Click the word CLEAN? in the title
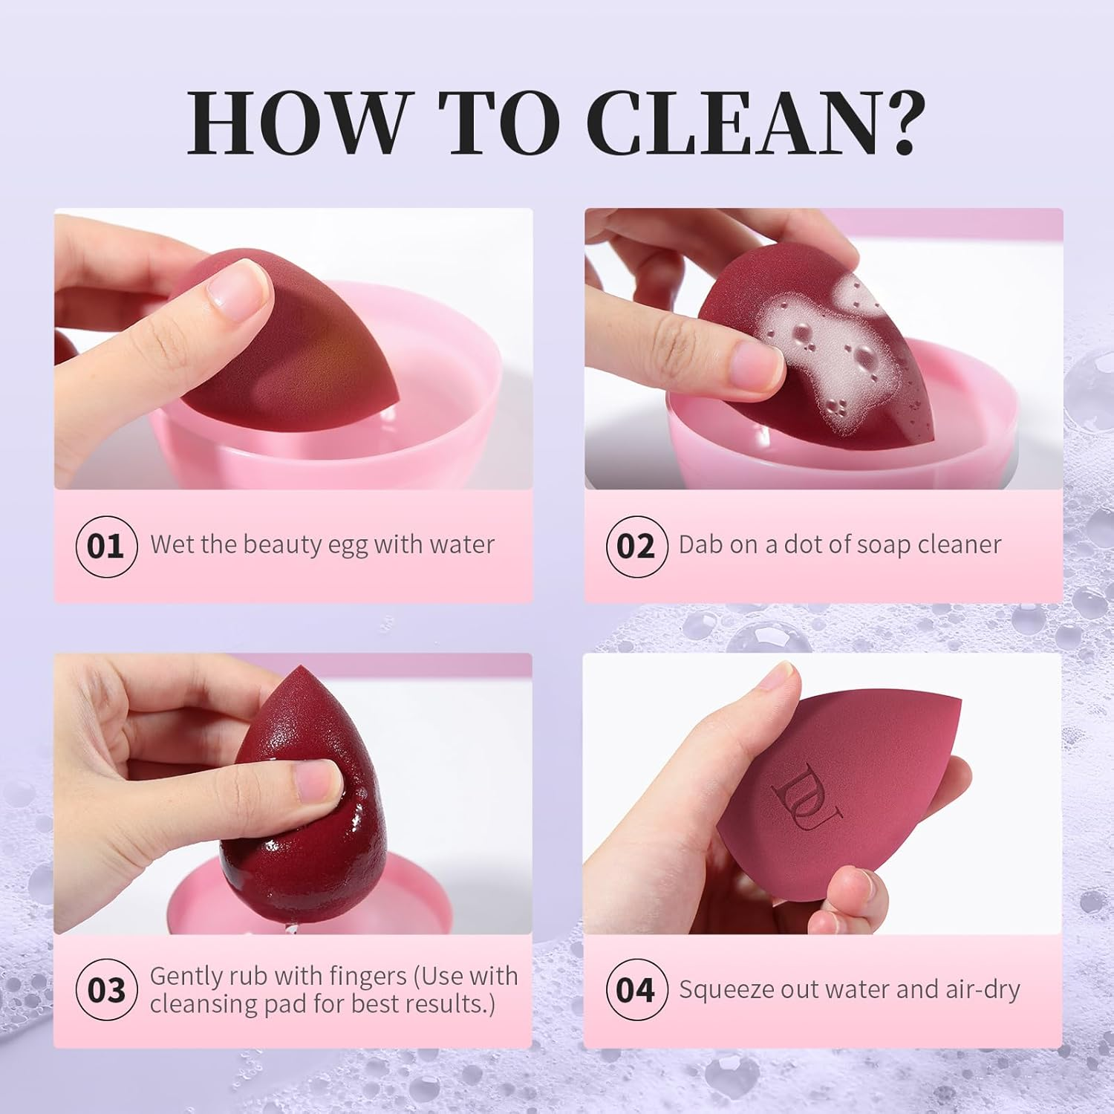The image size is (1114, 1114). pyautogui.click(x=755, y=123)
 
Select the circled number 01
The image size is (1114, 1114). pyautogui.click(x=106, y=547)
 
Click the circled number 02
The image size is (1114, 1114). pyautogui.click(x=636, y=547)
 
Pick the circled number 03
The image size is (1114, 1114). pyautogui.click(x=106, y=991)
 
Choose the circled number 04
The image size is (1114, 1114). pyautogui.click(x=636, y=991)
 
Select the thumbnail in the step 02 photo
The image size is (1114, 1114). pyautogui.click(x=753, y=362)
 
